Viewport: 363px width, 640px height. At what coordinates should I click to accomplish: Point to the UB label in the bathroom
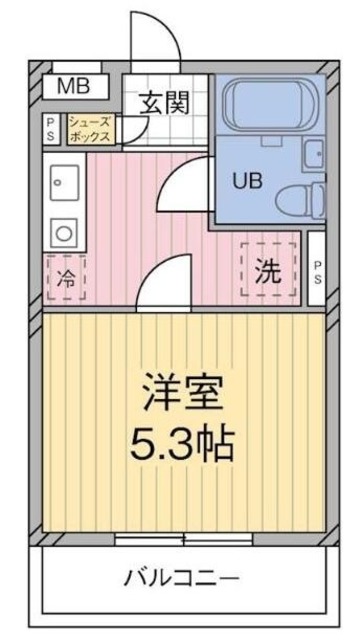tap(246, 181)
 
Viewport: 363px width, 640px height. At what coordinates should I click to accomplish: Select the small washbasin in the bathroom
tap(314, 154)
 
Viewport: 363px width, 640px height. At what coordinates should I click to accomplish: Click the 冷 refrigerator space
tap(67, 279)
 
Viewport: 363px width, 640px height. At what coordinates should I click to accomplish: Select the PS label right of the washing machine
tap(317, 271)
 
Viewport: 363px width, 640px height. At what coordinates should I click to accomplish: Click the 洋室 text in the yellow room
tap(181, 392)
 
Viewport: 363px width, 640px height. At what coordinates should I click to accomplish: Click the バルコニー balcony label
tap(181, 578)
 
